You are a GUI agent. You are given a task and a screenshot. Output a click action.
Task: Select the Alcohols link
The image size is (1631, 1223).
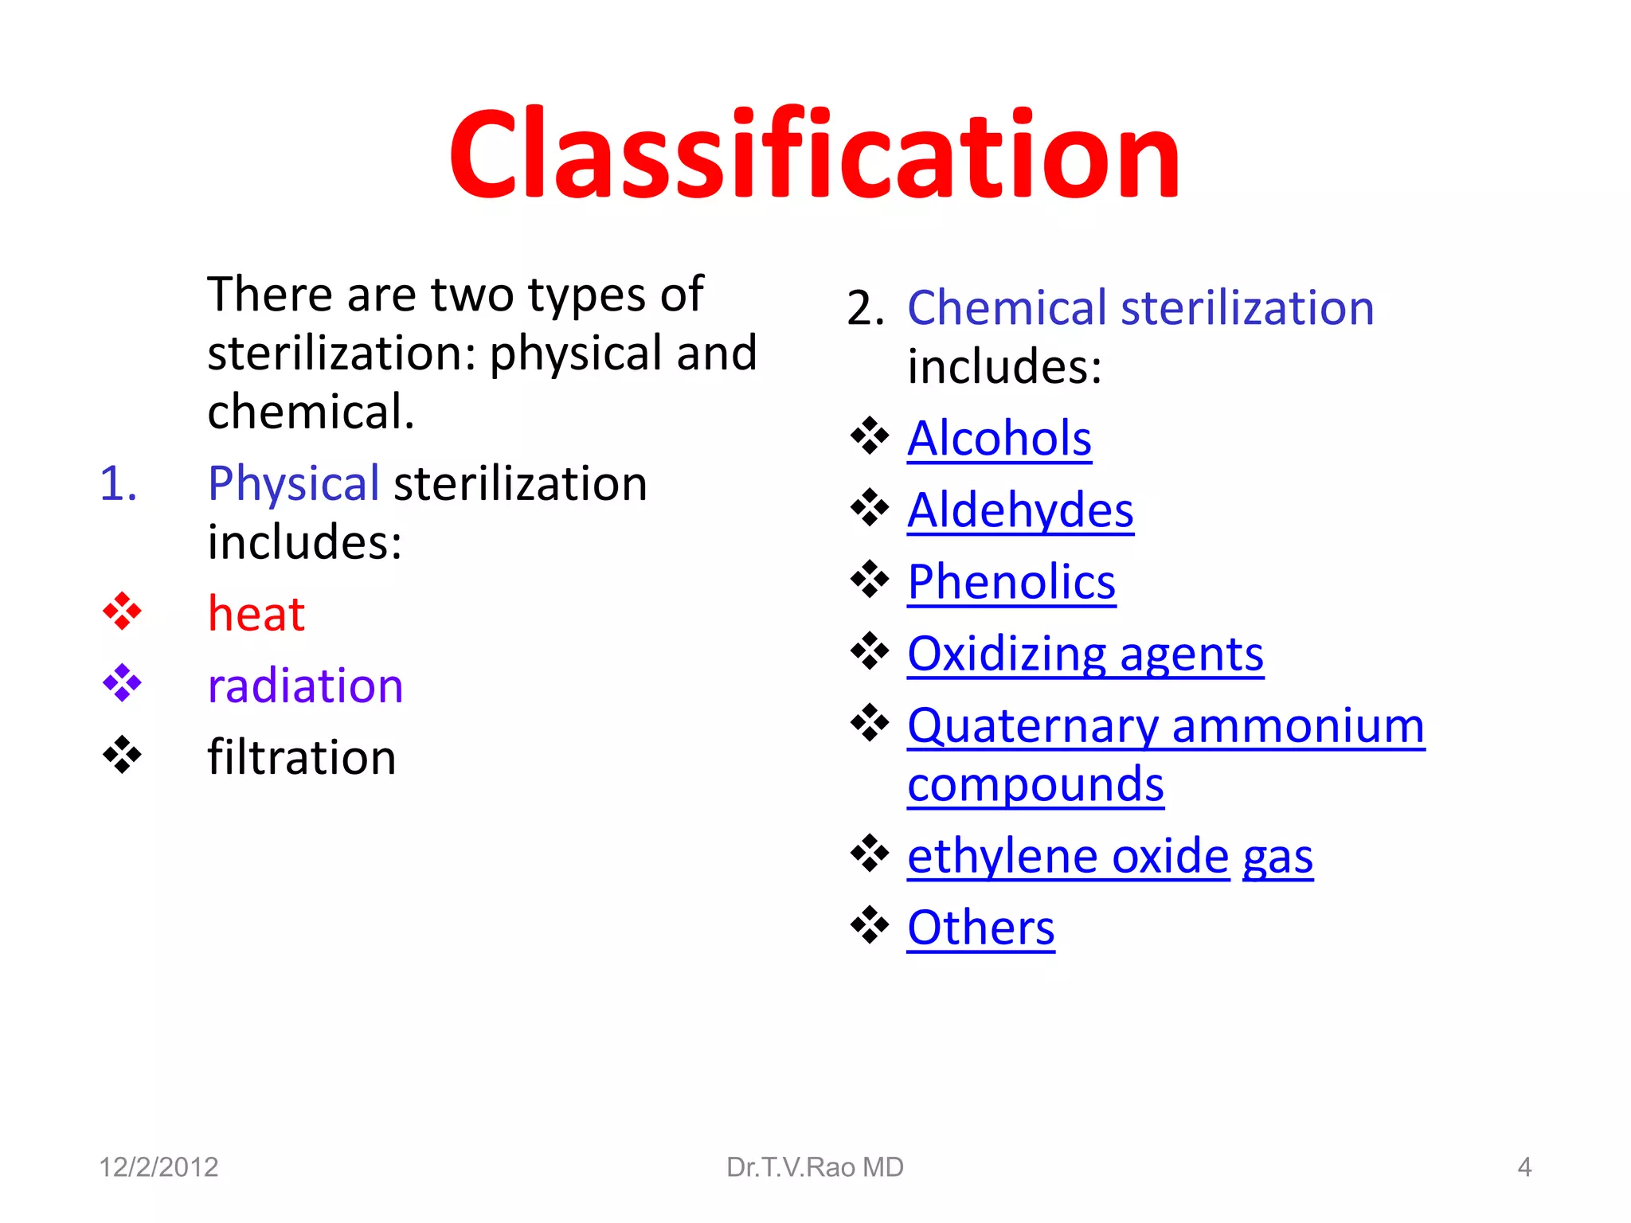click(999, 438)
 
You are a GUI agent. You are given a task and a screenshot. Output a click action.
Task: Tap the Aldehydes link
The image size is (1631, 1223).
click(1020, 510)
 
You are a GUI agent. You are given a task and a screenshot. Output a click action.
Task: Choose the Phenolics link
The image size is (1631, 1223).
click(1011, 582)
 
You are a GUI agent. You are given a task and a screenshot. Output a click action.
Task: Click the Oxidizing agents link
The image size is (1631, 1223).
click(1085, 654)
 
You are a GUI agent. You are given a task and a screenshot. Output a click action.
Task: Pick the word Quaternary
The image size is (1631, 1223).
click(1032, 726)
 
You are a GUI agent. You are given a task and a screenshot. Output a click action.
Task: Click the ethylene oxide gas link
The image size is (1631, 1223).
click(1109, 857)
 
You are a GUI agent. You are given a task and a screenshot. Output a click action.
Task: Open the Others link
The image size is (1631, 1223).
click(980, 928)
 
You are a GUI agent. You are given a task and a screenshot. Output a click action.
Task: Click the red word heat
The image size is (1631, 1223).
click(256, 614)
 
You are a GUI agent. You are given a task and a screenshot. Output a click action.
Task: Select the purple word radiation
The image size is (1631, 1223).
click(305, 686)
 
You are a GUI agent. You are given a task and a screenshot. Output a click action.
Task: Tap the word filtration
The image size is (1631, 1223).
click(301, 757)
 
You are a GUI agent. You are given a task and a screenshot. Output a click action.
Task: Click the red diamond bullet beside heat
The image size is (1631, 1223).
click(122, 611)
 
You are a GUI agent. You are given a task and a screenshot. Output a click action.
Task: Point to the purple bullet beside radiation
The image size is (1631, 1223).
click(122, 683)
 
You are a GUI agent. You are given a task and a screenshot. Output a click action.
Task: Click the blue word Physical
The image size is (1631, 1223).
click(293, 483)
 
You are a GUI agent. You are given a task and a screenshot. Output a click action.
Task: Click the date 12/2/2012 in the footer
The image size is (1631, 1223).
click(158, 1167)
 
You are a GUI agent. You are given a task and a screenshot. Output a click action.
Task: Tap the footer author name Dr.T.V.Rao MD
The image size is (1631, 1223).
click(815, 1167)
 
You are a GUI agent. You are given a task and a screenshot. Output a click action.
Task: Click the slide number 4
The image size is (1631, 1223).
click(1524, 1167)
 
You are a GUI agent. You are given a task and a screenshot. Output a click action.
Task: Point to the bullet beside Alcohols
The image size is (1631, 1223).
click(869, 436)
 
